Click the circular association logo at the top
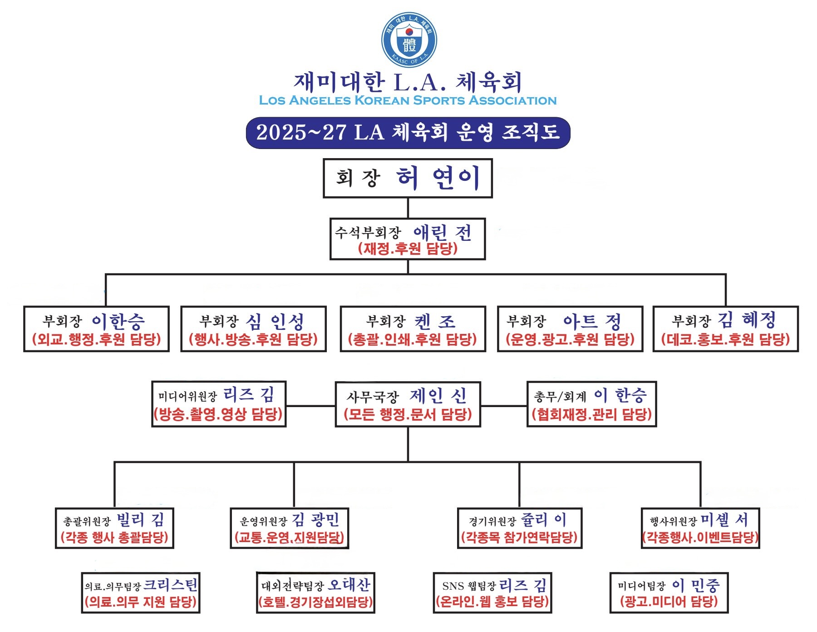tap(409, 40)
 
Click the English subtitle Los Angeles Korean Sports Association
tap(408, 100)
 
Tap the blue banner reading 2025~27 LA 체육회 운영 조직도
tap(408, 133)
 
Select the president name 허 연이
tap(438, 178)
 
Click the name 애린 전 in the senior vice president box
tap(443, 233)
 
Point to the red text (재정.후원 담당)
tap(408, 249)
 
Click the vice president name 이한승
tap(118, 322)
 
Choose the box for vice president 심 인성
tap(253, 329)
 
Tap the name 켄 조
tap(434, 322)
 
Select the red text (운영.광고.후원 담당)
tap(570, 339)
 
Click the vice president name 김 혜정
tap(747, 320)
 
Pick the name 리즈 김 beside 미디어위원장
tap(249, 394)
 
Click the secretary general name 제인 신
tap(438, 396)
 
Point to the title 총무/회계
tap(560, 397)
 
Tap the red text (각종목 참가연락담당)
tap(519, 538)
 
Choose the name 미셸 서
tap(724, 519)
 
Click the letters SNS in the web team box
tap(453, 586)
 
